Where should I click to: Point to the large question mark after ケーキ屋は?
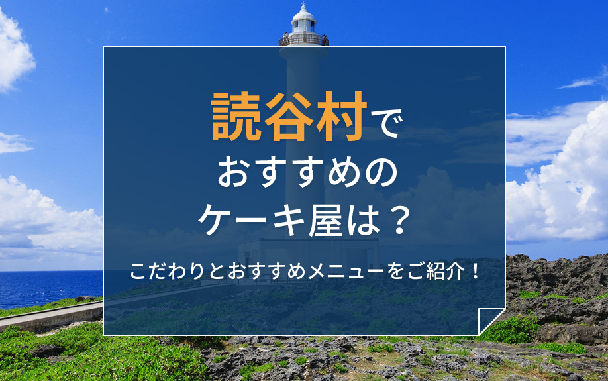395,220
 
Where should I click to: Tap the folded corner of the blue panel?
490,321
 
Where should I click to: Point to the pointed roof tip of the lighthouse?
304,5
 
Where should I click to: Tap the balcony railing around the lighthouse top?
304,40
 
